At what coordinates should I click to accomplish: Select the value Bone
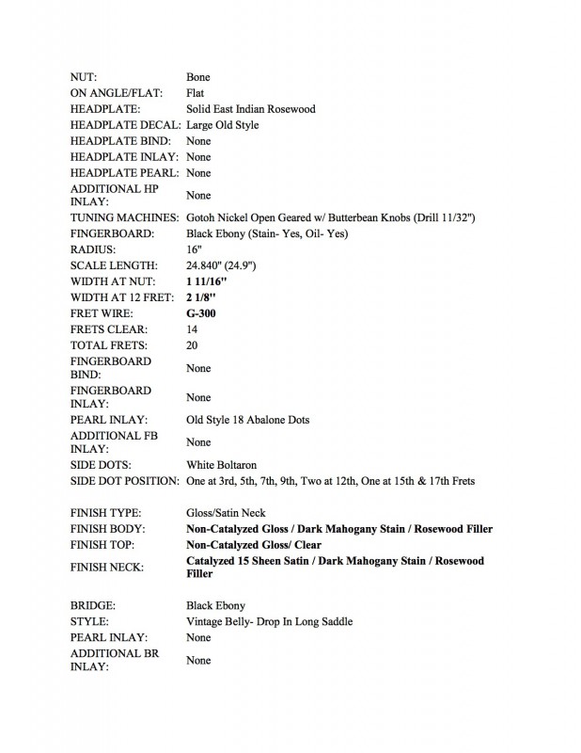pyautogui.click(x=198, y=77)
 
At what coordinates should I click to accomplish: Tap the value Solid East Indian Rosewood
pyautogui.click(x=251, y=109)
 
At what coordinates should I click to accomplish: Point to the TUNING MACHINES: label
pyautogui.click(x=126, y=218)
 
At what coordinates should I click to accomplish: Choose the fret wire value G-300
pyautogui.click(x=202, y=313)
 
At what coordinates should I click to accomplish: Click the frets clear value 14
pyautogui.click(x=193, y=329)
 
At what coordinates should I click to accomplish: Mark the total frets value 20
pyautogui.click(x=194, y=345)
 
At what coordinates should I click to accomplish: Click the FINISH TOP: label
pyautogui.click(x=104, y=544)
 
